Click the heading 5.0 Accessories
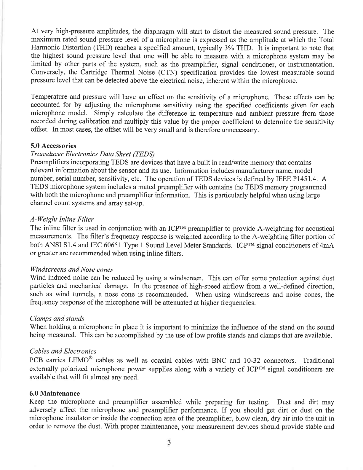(53, 146)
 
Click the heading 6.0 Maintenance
(55, 393)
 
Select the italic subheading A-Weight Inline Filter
(62, 219)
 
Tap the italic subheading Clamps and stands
(57, 318)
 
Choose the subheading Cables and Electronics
(63, 351)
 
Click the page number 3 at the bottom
(169, 443)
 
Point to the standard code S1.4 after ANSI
(62, 245)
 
